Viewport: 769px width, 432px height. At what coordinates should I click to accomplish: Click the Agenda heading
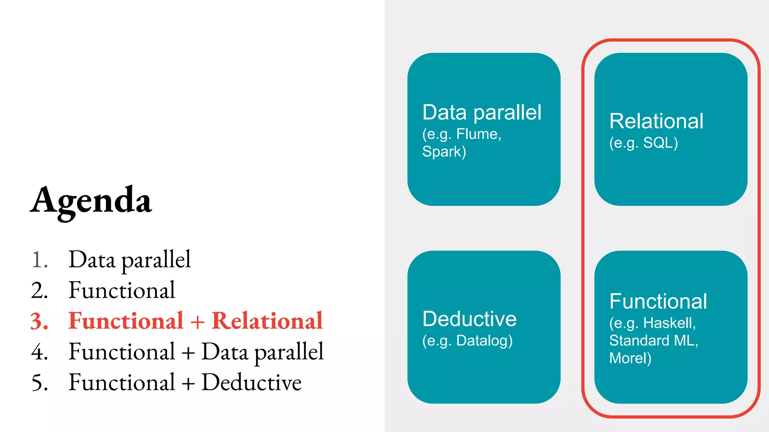91,201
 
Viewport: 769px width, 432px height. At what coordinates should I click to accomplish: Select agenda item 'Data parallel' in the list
130,259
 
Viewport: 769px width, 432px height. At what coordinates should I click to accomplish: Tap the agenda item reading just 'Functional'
122,290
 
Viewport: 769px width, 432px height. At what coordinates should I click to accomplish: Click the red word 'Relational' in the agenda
267,321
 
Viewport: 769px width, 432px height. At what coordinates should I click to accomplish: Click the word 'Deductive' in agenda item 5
252,382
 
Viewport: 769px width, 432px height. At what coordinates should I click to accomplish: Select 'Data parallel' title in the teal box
482,112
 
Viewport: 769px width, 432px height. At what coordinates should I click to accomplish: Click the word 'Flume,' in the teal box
479,134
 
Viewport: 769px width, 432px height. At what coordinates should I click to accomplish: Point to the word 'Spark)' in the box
444,151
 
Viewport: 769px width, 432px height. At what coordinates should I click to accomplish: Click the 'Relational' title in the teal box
656,121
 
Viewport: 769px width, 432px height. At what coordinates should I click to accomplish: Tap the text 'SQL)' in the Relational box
660,143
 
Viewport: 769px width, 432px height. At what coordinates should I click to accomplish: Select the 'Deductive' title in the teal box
469,319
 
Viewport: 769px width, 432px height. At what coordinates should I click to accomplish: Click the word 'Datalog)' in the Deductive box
484,340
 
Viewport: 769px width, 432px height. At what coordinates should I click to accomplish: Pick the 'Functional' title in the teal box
658,301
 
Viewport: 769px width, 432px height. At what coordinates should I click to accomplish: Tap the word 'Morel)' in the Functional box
630,358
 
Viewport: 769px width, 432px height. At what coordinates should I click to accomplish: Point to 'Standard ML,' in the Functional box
653,340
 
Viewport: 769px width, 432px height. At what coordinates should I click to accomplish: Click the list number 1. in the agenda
39,260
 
